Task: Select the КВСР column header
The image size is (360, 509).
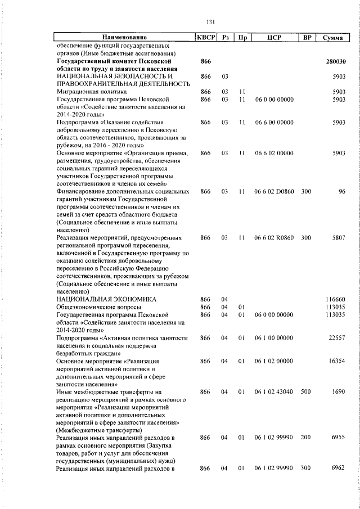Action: coord(205,37)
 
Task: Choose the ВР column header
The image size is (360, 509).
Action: coord(307,37)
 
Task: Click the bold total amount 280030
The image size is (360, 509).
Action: coord(335,61)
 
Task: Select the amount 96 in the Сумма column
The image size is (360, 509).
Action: coord(341,192)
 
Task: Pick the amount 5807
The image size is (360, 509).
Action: coord(338,238)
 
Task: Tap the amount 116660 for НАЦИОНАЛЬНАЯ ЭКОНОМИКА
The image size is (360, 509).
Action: coord(335,299)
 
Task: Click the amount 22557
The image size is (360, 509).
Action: coord(336,337)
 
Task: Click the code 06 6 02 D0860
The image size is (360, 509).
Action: coord(274,192)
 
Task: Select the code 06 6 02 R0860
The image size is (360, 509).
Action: coord(274,238)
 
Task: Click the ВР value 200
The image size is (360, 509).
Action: coord(306,437)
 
